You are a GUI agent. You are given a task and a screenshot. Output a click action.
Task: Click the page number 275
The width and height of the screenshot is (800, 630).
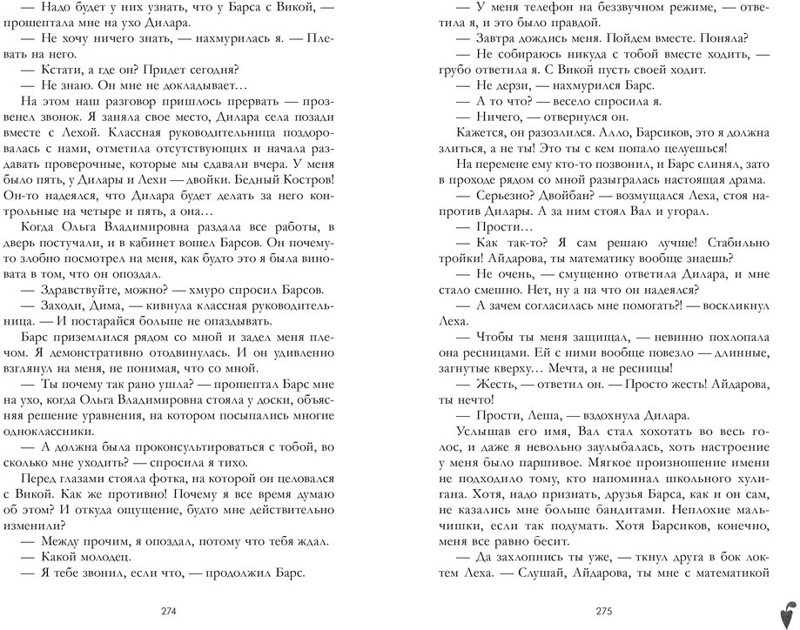point(602,610)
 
